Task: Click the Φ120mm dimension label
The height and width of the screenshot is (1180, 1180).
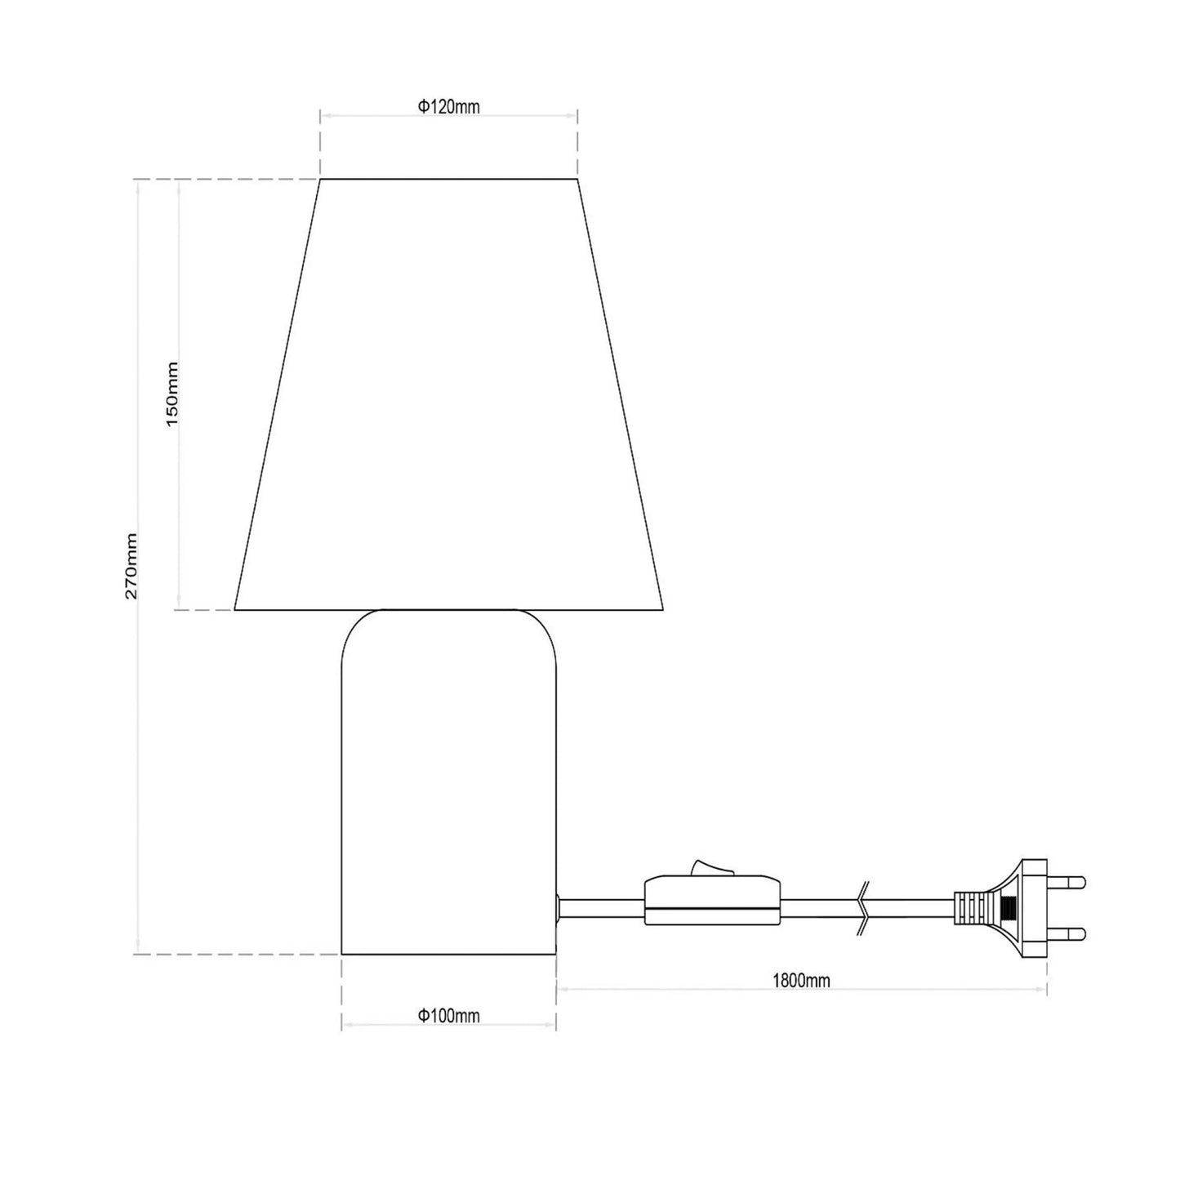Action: [x=449, y=106]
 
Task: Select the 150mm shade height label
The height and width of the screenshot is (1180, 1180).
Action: [x=172, y=394]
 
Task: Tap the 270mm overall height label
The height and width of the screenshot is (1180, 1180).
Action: [x=131, y=566]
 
